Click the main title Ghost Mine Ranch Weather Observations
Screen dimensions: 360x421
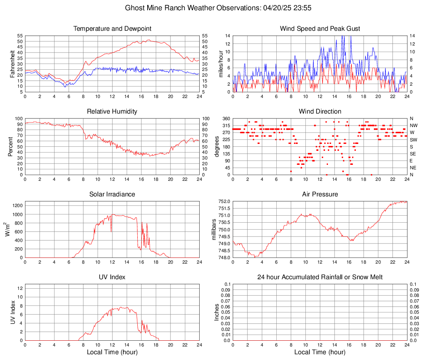210,8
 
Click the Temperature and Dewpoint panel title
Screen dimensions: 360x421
112,29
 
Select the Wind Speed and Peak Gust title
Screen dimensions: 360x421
320,29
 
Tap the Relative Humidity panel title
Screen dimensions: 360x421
112,112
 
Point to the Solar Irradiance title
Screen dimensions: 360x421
112,194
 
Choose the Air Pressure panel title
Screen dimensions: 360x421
320,194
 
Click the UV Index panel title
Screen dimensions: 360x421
112,277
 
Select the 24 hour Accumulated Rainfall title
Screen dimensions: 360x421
320,277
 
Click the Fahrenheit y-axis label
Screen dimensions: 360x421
12,64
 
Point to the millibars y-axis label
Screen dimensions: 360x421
214,229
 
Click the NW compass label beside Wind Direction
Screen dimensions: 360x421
413,125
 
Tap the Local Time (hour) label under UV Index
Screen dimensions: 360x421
112,352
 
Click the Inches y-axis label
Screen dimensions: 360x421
217,312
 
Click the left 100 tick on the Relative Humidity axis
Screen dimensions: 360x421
18,118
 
